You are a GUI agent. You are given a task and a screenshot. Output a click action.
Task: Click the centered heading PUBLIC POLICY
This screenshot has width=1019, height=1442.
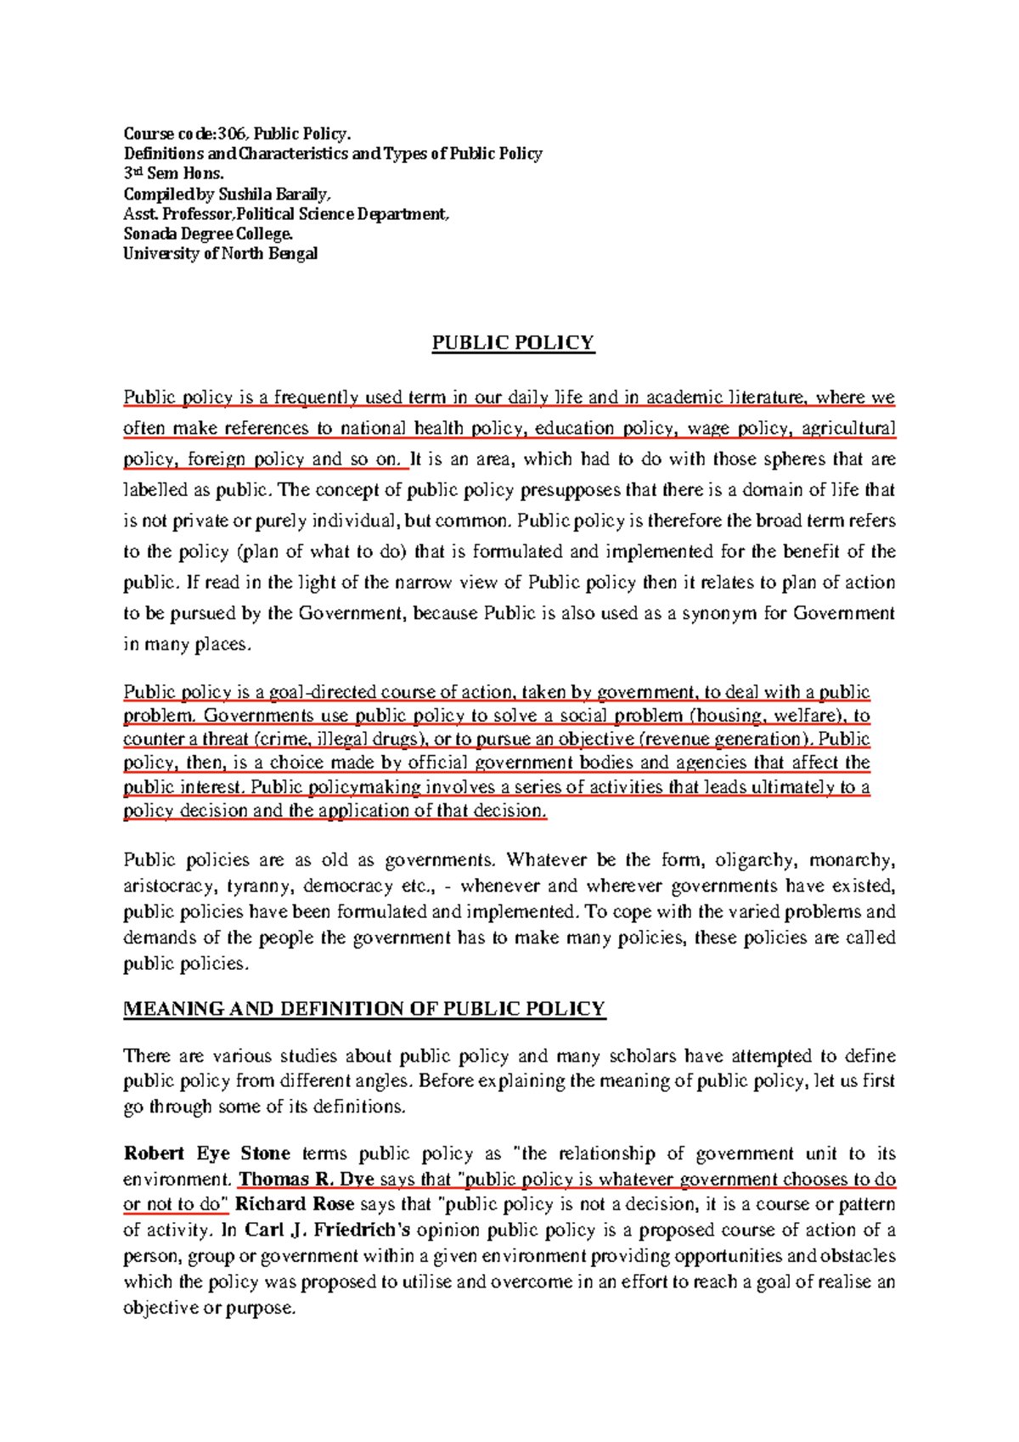pos(513,343)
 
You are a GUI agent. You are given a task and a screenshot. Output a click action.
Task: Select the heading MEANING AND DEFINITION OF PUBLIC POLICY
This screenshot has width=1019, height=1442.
pos(364,1009)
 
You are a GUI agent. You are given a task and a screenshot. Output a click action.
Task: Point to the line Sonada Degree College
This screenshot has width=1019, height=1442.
pos(208,234)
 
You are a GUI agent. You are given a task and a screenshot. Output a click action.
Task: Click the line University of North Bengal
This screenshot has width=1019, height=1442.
pos(220,253)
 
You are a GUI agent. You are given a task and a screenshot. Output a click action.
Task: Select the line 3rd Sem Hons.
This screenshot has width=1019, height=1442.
pos(173,173)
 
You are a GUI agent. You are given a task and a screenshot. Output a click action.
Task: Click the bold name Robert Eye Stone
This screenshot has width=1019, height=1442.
pos(207,1153)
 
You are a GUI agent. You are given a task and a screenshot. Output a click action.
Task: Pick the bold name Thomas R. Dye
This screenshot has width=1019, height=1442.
pos(307,1179)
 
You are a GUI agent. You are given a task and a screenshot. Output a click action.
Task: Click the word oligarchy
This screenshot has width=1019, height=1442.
pos(756,860)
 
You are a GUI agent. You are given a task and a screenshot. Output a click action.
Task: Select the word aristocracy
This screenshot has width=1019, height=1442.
pos(169,886)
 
